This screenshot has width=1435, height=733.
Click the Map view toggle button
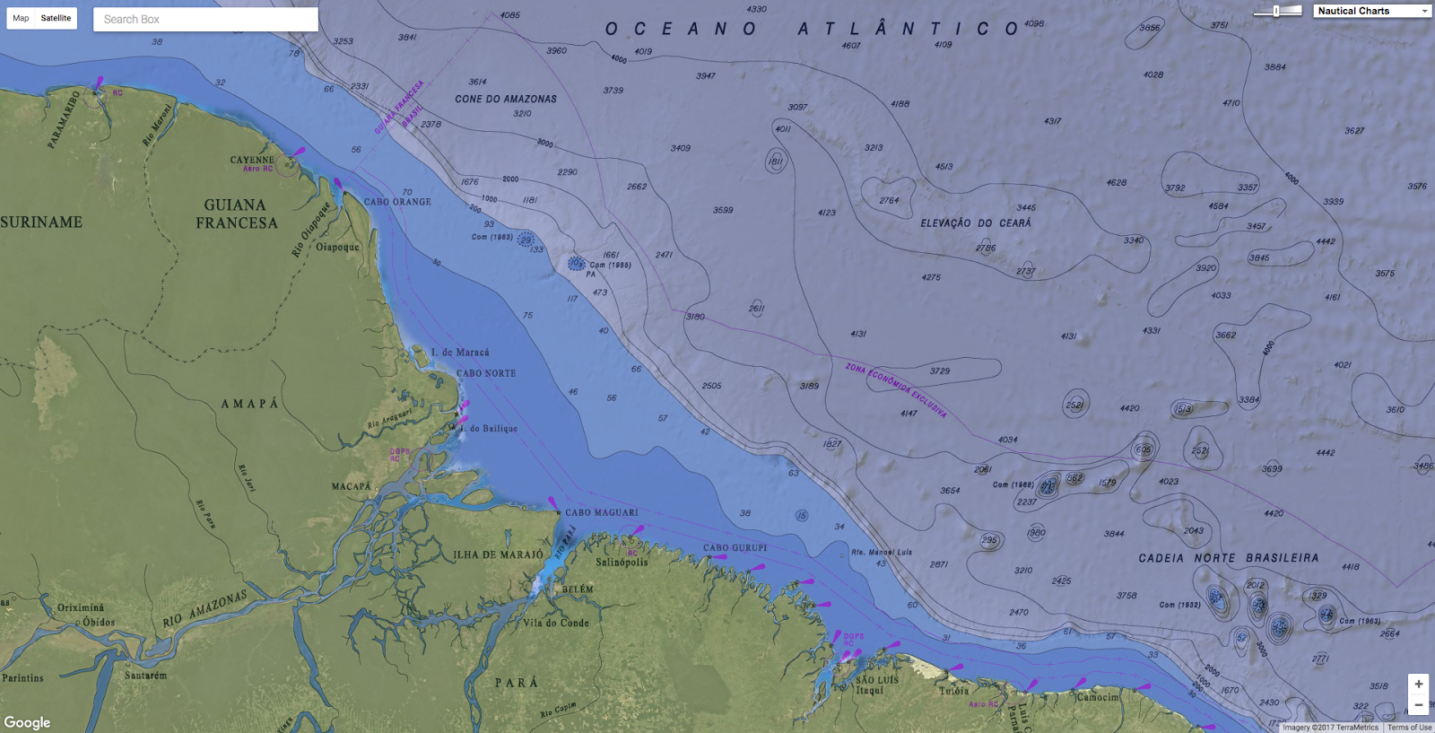tap(21, 18)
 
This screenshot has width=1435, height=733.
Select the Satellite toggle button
tap(56, 18)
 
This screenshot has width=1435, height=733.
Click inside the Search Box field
tap(205, 19)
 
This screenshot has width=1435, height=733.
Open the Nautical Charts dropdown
tap(1371, 11)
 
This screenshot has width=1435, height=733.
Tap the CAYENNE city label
tap(252, 160)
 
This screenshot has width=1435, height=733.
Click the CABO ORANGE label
tap(397, 202)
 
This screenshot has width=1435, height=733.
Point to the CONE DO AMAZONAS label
tap(506, 99)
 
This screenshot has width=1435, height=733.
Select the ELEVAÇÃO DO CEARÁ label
tap(976, 223)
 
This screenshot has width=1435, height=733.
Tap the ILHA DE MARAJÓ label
tap(498, 554)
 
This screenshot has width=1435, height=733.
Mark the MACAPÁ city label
tap(351, 486)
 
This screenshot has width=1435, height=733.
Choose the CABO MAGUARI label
tap(602, 512)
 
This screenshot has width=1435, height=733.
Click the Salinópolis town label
tap(622, 563)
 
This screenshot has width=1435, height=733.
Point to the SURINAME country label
tap(41, 222)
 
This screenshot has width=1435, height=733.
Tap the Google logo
tap(27, 722)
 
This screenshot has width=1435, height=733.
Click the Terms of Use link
tap(1409, 728)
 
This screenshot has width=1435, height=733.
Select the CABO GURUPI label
tap(735, 547)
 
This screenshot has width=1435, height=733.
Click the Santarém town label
tap(145, 675)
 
